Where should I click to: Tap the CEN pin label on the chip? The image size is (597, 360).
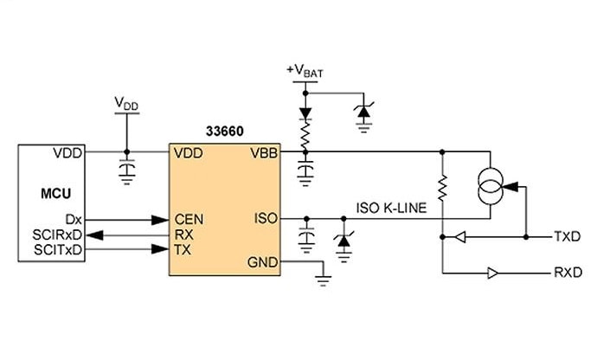coord(188,220)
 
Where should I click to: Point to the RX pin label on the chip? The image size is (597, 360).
coord(183,234)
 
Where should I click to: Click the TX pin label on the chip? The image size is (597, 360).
coord(182,248)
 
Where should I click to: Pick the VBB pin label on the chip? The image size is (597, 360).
coord(263,152)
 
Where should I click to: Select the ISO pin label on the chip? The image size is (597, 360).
coord(266,219)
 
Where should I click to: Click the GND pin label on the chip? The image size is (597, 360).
coord(262,263)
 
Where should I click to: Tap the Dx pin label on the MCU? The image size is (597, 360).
coord(73,220)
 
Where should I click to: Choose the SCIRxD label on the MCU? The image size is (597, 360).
coord(58,234)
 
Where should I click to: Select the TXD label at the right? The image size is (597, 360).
coord(567,235)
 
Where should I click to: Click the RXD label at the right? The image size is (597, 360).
coord(567,273)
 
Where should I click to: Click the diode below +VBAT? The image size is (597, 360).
coord(304,112)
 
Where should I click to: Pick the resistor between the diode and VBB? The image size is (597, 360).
coord(304,134)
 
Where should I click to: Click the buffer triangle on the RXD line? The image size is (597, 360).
coord(492,273)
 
